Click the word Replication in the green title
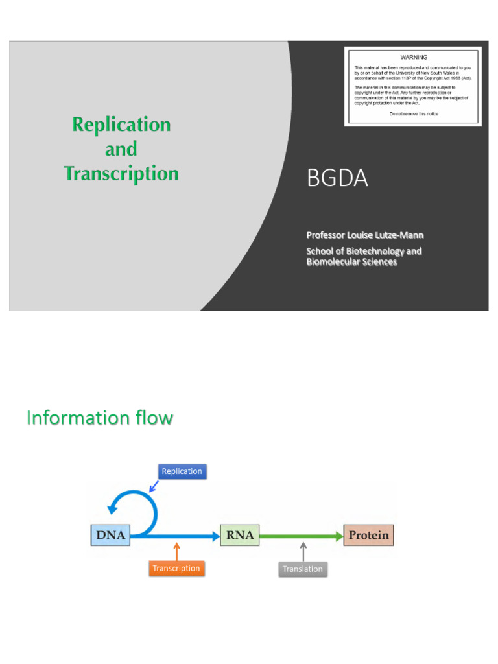point(121,124)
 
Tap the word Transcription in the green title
point(121,174)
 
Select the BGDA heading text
point(337,178)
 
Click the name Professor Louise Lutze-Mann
point(365,235)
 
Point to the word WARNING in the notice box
point(414,58)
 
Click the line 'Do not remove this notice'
point(414,114)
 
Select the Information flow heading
point(100,418)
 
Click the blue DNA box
point(110,536)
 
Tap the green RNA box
point(240,536)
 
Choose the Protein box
point(368,536)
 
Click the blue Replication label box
point(182,471)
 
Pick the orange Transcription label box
point(176,569)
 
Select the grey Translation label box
point(303,569)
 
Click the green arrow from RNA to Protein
point(302,536)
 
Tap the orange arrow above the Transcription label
point(176,551)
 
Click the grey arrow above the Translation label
point(303,551)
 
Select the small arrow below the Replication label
point(154,485)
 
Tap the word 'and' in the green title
point(121,149)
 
